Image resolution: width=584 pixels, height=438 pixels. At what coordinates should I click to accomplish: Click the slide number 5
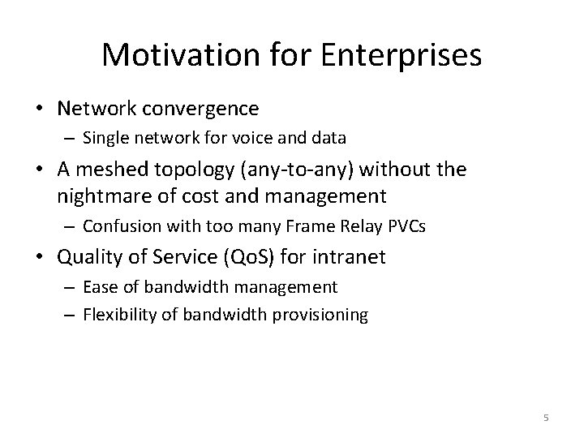click(546, 418)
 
